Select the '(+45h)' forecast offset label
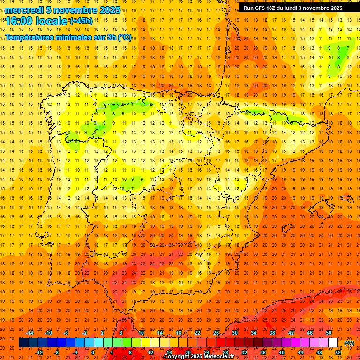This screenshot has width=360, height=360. coord(81,21)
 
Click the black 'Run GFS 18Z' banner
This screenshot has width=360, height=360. coord(293,8)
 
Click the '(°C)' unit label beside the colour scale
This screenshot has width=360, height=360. coord(349,343)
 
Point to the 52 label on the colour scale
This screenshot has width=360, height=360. coord(338,352)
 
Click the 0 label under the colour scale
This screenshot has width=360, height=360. coord(93,352)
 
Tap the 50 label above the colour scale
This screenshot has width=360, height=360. coord(329,333)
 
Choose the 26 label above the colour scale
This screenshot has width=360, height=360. coord(216,333)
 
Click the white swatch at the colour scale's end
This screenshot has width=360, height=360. coord(333,343)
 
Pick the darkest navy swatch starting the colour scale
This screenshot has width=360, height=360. coord(23,343)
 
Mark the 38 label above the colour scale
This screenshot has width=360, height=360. coord(272,333)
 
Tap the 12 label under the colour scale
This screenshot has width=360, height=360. coord(150,352)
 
